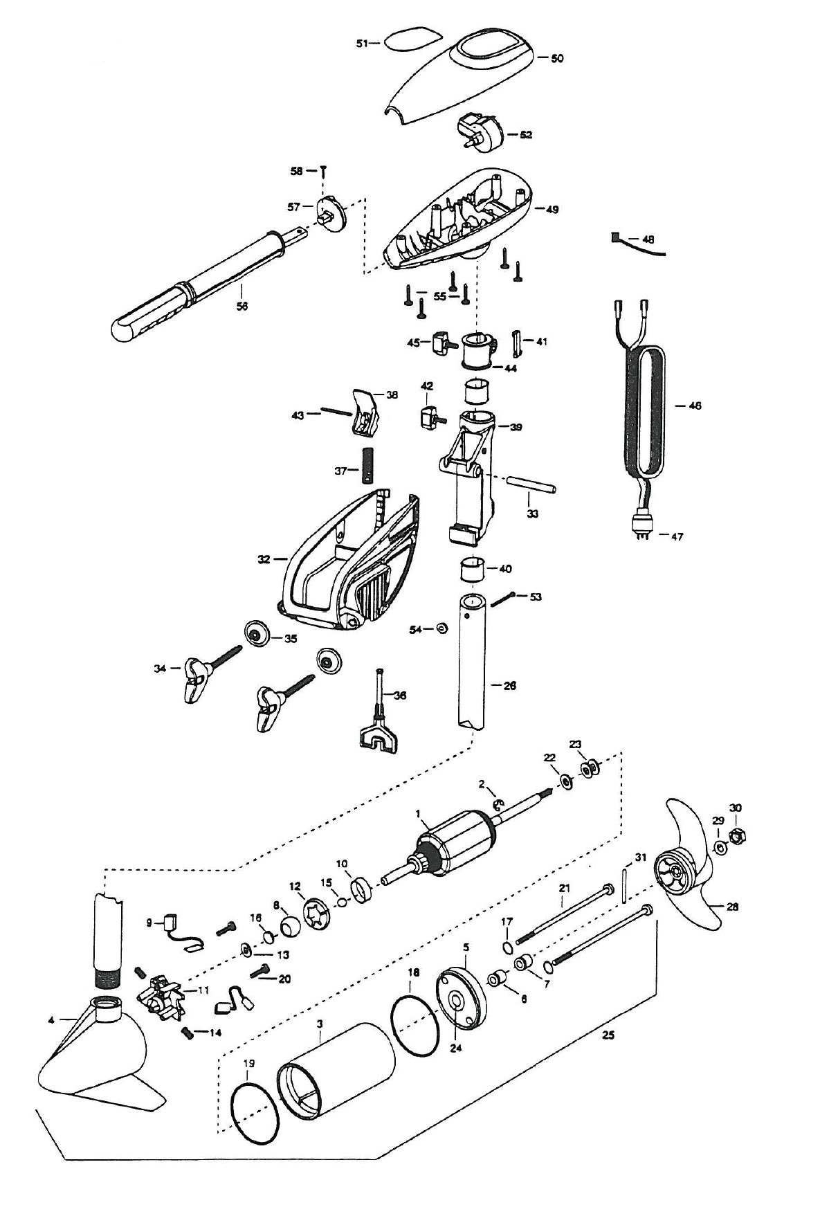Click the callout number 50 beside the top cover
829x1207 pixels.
556,59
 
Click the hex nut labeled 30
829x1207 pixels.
736,836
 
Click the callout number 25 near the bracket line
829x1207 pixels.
608,1036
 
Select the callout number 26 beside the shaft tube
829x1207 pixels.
509,686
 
